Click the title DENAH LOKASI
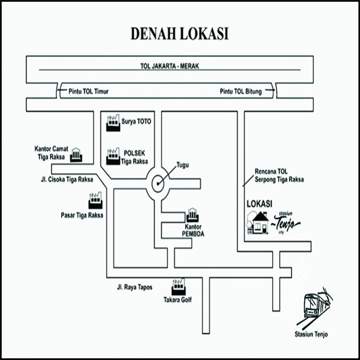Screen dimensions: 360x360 [179, 34]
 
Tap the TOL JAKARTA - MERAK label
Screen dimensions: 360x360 [170, 66]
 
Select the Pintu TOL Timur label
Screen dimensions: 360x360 [88, 91]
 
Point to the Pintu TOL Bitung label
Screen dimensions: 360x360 [241, 91]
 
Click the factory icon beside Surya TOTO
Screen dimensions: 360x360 [113, 123]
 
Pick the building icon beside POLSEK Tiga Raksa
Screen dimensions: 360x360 [113, 156]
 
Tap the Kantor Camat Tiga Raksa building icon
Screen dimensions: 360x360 [76, 155]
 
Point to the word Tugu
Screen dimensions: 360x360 [182, 165]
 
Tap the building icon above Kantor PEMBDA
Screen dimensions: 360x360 [192, 214]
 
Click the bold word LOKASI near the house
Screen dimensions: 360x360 [259, 204]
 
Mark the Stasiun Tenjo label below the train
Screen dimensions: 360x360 [311, 334]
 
